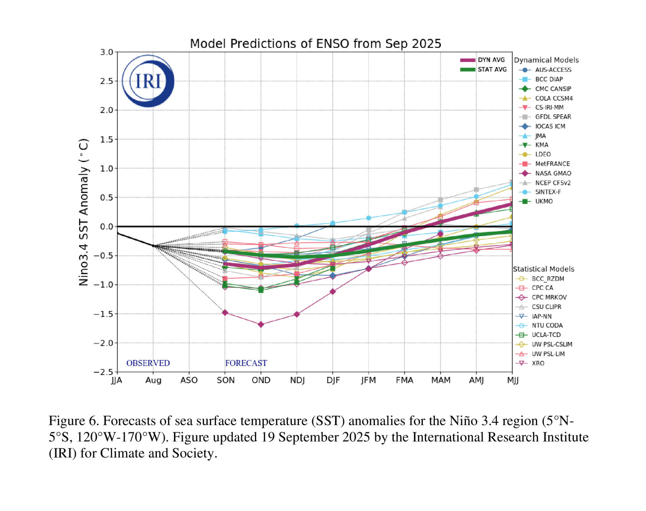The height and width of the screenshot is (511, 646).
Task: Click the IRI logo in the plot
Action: point(148,81)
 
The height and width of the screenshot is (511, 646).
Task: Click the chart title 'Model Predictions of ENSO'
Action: point(315,44)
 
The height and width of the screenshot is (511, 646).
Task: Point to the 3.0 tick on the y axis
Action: point(107,52)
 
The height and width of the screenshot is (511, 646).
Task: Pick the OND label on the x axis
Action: point(261,380)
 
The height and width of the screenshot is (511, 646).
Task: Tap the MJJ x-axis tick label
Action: point(512,380)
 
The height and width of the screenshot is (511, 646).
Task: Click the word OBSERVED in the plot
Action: point(148,363)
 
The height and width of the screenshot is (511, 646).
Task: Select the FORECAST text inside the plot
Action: point(246,363)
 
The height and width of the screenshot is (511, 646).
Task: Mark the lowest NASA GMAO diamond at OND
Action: point(261,325)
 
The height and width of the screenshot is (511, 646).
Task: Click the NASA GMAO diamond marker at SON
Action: point(225,313)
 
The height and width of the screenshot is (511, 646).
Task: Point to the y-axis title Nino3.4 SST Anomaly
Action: point(83,212)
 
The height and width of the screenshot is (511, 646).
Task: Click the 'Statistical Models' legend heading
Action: point(543,269)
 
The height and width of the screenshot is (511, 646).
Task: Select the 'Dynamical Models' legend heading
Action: point(546,60)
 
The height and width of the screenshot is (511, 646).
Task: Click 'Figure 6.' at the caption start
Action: point(74,421)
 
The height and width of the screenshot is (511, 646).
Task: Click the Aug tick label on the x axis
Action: point(153,380)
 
